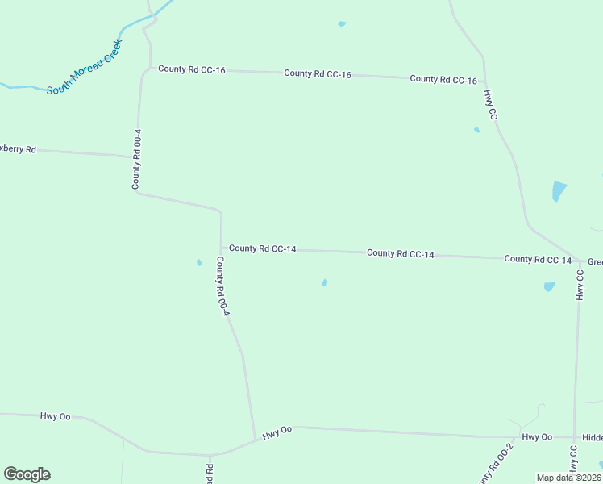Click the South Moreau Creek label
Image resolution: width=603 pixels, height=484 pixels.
coord(84,67)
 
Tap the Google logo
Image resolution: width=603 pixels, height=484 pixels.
coord(27,474)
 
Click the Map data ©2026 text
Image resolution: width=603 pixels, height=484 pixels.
coord(569,478)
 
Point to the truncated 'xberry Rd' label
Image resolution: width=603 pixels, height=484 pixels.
coord(19,149)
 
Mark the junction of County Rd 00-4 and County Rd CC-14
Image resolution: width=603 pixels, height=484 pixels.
coord(222,248)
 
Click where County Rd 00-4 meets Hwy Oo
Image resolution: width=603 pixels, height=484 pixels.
coord(256,440)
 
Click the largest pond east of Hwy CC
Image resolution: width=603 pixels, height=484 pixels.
coord(558,191)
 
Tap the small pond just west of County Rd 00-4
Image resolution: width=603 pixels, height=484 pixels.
coord(198,262)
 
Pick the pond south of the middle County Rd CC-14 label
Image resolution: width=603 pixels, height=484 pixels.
coord(324,282)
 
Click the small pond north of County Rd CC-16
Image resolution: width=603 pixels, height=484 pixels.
coord(342,24)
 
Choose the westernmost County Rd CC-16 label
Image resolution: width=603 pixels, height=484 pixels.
coord(191,69)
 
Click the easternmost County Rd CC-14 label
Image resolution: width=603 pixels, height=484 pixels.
coord(538,259)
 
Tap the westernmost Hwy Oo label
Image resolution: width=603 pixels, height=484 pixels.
coord(55,416)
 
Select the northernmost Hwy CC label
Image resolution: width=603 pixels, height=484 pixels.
coord(490,105)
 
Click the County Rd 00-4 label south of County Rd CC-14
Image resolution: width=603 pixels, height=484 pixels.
coord(222,286)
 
